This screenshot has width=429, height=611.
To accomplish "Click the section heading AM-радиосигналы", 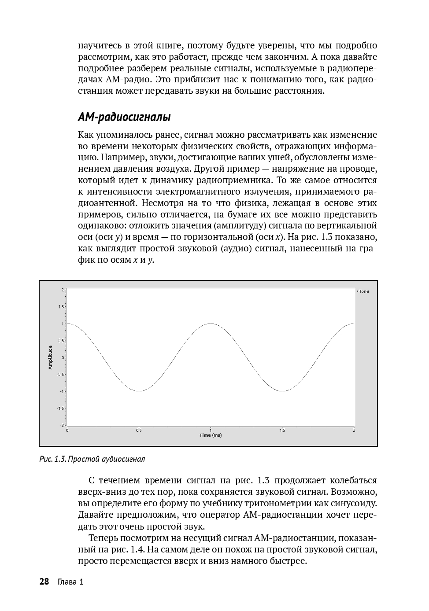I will [x=124, y=118].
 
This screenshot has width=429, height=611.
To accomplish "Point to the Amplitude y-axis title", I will [x=51, y=357].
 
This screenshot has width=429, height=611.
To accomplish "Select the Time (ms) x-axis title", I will [x=211, y=435].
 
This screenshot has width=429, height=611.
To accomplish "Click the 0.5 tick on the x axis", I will [x=139, y=430].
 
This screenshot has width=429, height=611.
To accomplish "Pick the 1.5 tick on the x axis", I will [x=282, y=430].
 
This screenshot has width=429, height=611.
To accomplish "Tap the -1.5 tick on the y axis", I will [x=60, y=408].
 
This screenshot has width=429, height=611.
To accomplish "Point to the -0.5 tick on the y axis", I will [x=60, y=375].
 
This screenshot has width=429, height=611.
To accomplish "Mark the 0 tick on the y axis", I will [x=63, y=357].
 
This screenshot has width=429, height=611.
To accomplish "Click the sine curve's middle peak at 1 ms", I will [x=211, y=324].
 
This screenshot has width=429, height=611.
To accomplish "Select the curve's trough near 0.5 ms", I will [x=139, y=391].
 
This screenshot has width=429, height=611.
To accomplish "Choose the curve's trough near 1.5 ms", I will [x=282, y=391].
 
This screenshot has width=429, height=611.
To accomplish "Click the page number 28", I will [x=44, y=582].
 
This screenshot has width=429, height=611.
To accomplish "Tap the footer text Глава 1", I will [x=70, y=582].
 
